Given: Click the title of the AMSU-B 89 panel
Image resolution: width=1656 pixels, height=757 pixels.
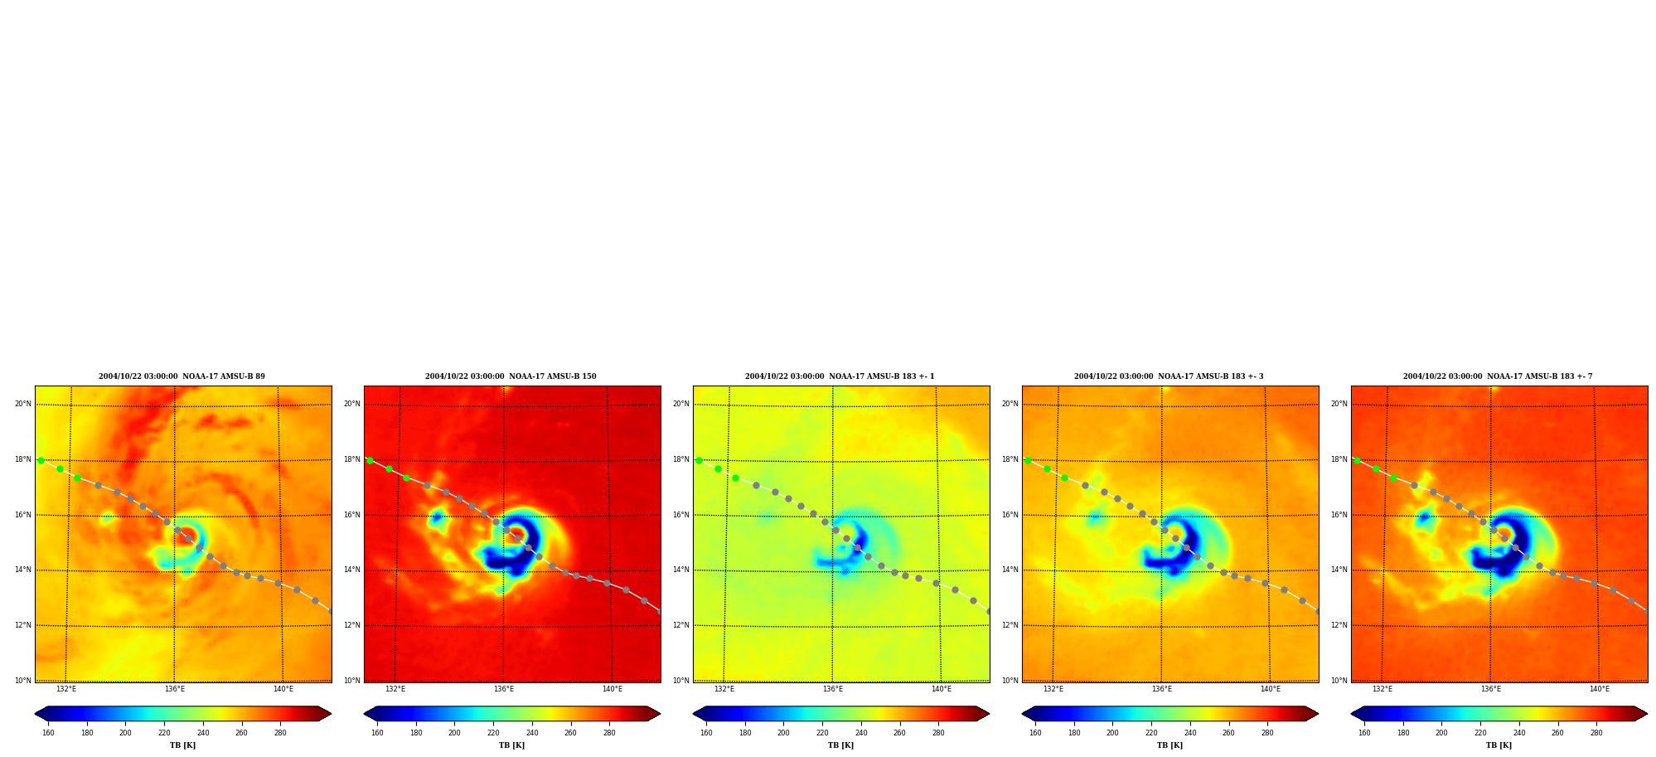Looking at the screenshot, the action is tap(182, 376).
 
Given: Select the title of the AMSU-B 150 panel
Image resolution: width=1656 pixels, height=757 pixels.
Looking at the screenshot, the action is tap(511, 376).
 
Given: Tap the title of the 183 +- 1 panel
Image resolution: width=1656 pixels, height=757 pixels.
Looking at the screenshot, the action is tap(840, 376).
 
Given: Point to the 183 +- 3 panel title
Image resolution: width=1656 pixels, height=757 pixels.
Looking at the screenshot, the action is tap(1169, 376).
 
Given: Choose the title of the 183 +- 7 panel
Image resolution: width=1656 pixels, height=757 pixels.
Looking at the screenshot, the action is tap(1498, 376).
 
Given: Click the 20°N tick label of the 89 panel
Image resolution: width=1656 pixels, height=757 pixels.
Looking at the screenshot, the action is tap(23, 405).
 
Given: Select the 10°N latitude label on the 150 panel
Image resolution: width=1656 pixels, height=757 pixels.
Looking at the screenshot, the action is tap(352, 681).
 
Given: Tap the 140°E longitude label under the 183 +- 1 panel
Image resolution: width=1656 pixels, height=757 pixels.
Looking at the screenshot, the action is tap(942, 689).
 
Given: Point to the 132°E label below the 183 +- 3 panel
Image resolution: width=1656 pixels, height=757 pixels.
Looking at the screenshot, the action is tap(1053, 689).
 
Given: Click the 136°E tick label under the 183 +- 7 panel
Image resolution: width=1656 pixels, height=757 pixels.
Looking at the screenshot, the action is tap(1491, 689).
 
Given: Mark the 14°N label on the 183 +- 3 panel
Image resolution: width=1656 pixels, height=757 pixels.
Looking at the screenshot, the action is tap(1010, 570).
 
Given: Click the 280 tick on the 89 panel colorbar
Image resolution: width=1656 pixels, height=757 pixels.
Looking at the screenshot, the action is tap(280, 733).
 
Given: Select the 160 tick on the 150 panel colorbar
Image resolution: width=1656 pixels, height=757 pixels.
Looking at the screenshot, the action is tap(377, 733).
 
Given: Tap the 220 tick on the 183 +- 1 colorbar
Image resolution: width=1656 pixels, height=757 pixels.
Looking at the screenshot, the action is tap(822, 733).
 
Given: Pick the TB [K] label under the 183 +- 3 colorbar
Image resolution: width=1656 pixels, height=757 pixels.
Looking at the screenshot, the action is tap(1169, 745).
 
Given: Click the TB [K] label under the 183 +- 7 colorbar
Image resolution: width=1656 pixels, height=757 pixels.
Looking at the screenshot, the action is tap(1499, 745).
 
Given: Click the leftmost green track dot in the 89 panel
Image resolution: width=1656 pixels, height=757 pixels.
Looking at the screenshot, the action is tap(41, 460).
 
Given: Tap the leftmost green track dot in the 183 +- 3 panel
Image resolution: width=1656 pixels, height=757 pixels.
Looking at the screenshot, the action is tap(1028, 460).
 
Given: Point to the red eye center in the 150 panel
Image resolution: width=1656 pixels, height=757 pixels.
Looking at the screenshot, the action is tap(516, 533).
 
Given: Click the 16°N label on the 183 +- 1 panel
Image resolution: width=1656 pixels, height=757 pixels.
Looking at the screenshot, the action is tap(681, 515).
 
